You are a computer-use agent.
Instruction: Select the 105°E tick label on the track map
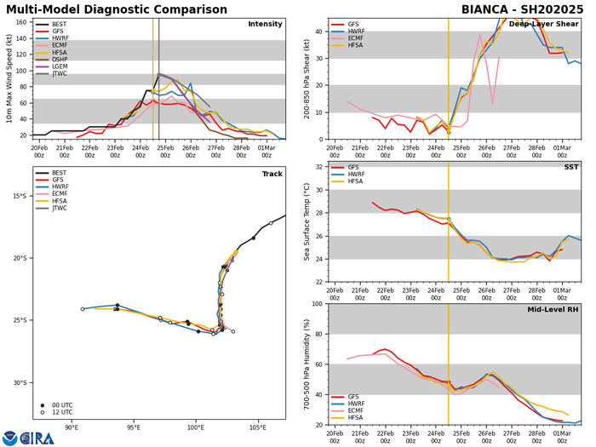pos(258,427)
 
